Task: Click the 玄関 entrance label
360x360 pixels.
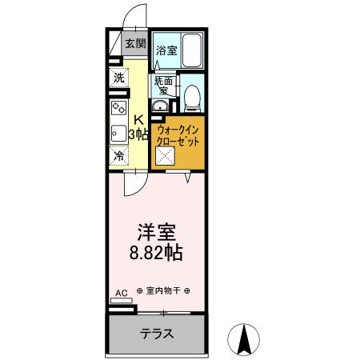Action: (134, 45)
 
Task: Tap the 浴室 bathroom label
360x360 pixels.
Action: (166, 51)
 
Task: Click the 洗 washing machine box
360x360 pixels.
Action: (119, 78)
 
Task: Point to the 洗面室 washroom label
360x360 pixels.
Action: (164, 85)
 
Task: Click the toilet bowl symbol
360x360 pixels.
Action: (190, 98)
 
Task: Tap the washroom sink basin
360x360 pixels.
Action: (160, 108)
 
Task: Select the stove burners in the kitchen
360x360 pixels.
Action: (118, 107)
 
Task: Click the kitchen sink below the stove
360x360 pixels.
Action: (118, 133)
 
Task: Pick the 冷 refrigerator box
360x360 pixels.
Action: (119, 156)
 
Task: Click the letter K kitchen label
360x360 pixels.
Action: (138, 120)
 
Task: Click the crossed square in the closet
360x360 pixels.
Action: (166, 157)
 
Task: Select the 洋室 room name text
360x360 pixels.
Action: (157, 231)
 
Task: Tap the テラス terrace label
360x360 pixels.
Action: (158, 333)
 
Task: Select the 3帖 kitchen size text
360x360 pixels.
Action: (140, 134)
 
